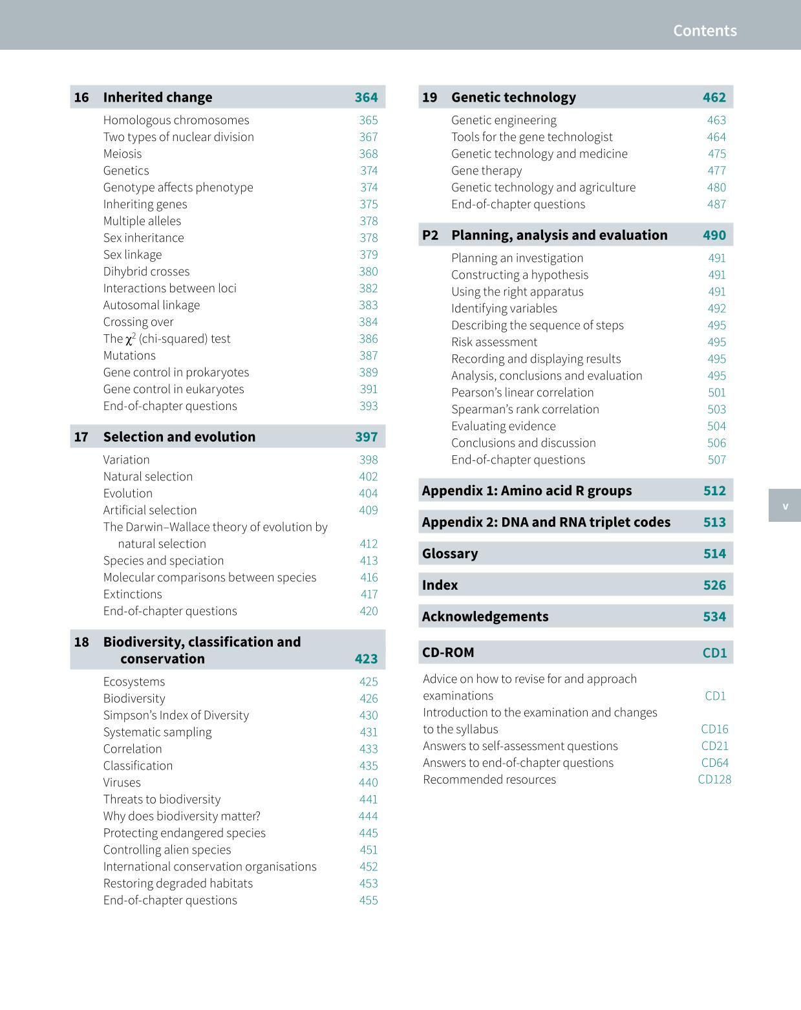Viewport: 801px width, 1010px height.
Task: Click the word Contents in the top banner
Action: click(705, 30)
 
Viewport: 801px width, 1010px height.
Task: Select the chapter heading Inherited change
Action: click(157, 97)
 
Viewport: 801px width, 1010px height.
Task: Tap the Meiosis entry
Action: click(122, 153)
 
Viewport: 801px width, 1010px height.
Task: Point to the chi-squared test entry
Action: click(167, 339)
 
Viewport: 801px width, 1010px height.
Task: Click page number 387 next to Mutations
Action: click(368, 356)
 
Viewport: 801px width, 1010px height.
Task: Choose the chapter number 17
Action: click(81, 437)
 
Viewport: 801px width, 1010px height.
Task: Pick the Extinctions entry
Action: click(133, 594)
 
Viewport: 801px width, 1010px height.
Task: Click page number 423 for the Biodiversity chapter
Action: click(366, 659)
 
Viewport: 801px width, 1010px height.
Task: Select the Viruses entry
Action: click(122, 782)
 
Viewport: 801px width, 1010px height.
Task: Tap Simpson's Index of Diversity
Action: click(176, 715)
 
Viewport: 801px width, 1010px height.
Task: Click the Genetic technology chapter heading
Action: click(513, 97)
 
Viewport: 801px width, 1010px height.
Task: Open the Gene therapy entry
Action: click(486, 171)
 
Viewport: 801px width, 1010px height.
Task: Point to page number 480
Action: click(716, 188)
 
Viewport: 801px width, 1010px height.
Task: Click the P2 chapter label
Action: click(430, 235)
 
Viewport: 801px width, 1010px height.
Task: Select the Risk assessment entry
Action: click(494, 342)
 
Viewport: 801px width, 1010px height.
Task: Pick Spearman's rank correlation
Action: click(525, 409)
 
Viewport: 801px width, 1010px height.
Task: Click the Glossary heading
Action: click(450, 553)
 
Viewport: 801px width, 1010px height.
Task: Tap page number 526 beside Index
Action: click(714, 585)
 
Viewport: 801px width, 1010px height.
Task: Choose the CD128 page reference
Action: click(714, 779)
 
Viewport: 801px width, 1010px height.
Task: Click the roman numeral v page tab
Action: click(785, 506)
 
